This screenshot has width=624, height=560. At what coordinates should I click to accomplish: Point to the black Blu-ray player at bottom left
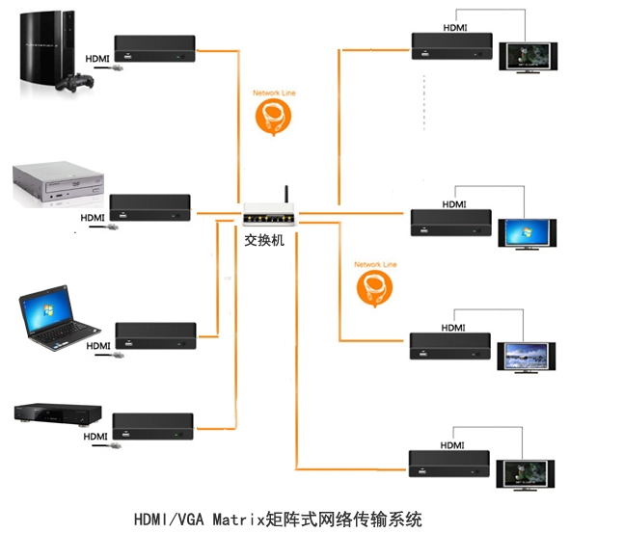(57, 413)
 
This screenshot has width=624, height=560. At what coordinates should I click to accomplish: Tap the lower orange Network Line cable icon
(375, 287)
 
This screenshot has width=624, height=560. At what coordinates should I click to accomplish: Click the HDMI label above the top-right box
(455, 28)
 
